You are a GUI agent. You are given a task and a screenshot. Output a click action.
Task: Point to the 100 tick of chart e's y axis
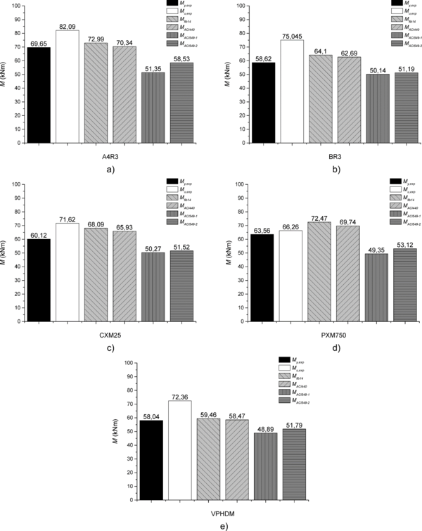pos(125,363)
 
